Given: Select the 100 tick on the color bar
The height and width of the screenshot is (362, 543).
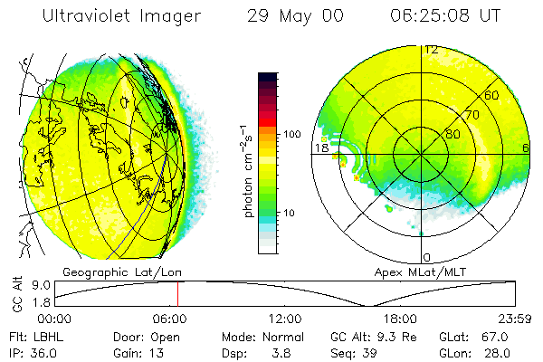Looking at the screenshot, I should coord(291,133).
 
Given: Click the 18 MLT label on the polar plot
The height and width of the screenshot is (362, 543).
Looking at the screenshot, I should coord(319,148).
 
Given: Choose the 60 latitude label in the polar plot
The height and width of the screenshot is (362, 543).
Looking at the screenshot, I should coord(492,95).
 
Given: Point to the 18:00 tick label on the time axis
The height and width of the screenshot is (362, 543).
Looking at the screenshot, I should coord(400,319).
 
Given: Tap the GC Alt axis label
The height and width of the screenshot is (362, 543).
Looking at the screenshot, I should coord(16,294).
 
